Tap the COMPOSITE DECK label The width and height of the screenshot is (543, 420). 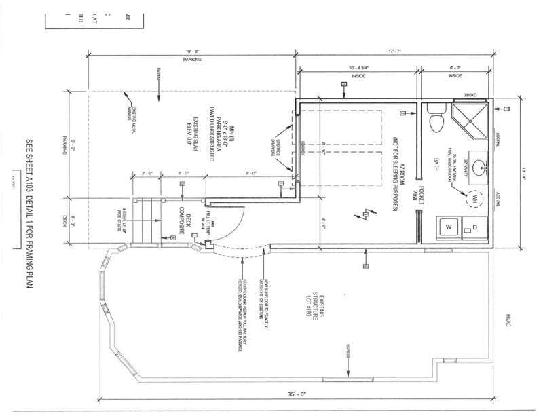tap(182, 214)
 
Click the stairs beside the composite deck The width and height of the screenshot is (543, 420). tap(145, 221)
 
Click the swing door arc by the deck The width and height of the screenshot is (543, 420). tap(234, 231)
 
